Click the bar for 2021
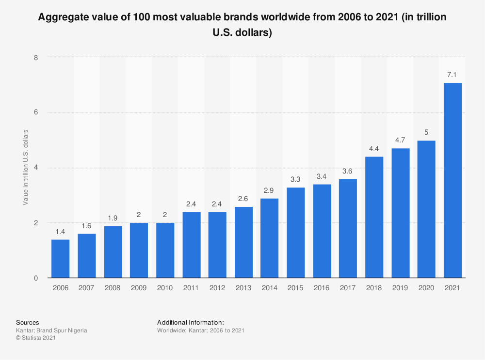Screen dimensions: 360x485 [x=453, y=180]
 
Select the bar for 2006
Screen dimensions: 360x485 [x=60, y=259]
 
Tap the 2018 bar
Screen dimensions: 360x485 [x=374, y=218]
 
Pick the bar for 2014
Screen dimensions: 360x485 [x=270, y=238]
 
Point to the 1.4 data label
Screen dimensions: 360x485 [x=60, y=232]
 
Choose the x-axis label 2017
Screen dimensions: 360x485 [x=348, y=288]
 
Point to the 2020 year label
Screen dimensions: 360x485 [x=426, y=288]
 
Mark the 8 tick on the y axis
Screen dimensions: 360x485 [x=35, y=57]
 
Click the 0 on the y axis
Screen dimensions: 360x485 [x=35, y=278]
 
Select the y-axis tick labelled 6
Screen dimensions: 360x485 [x=35, y=112]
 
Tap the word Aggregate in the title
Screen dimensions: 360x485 [x=63, y=17]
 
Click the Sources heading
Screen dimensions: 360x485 [x=28, y=322]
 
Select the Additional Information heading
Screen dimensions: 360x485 [x=190, y=322]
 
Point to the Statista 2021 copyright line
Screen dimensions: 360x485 [x=36, y=338]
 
